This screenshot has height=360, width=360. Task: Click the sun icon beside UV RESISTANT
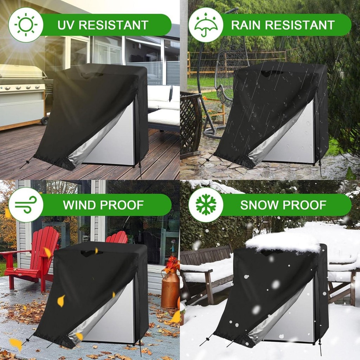(x=26, y=25)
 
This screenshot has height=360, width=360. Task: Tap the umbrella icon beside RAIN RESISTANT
(x=206, y=25)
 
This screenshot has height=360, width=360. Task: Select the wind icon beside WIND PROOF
(x=26, y=204)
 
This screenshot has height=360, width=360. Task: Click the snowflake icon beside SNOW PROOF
(x=206, y=204)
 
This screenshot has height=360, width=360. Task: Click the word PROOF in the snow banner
(x=307, y=205)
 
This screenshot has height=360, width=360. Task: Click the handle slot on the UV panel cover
(x=92, y=75)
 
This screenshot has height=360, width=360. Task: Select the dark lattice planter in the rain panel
(x=191, y=123)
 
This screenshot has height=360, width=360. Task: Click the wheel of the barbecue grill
(x=45, y=121)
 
